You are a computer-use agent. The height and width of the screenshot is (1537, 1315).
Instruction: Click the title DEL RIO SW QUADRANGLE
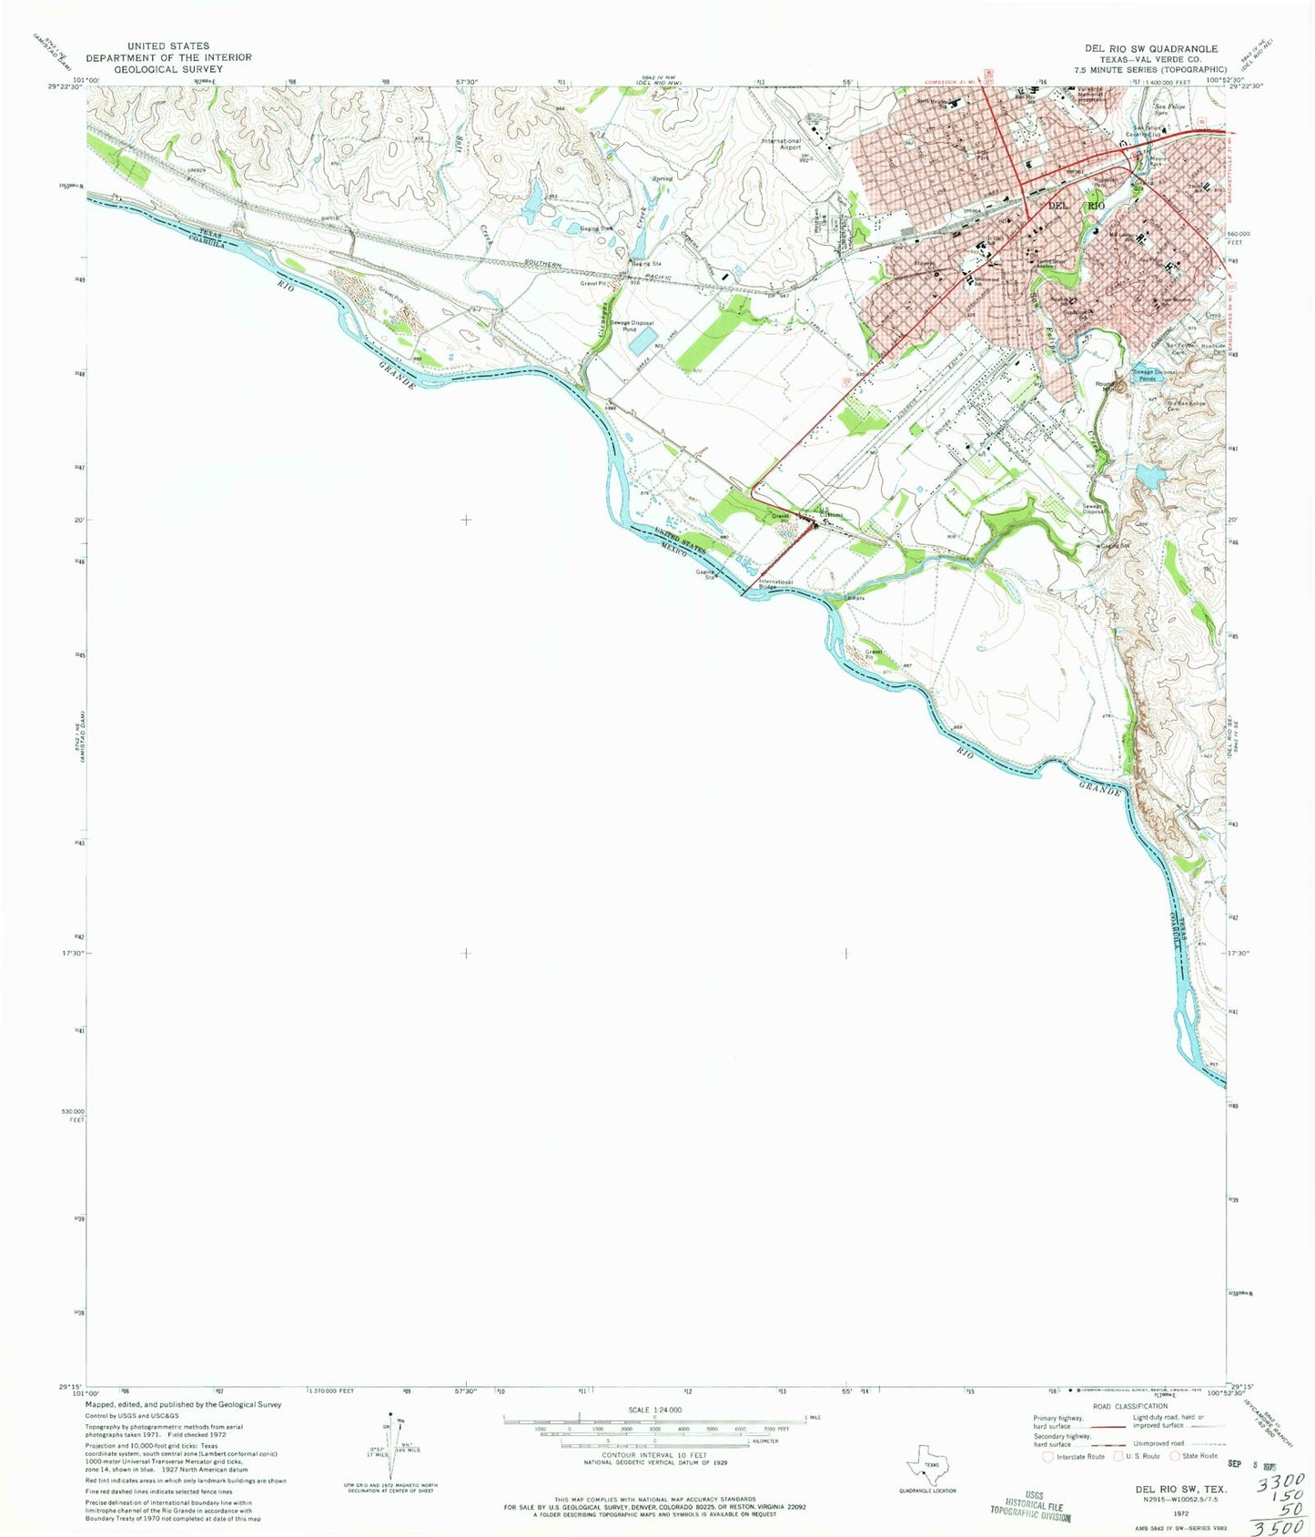click(1150, 48)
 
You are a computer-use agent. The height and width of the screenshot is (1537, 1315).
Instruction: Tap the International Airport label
click(782, 144)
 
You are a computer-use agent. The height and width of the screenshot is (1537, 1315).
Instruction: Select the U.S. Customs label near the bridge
click(828, 512)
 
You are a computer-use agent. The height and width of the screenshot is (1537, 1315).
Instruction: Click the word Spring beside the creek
click(662, 179)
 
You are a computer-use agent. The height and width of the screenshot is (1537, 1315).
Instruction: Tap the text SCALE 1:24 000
click(654, 1410)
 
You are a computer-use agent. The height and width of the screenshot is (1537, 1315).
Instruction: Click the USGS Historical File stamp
click(1030, 1505)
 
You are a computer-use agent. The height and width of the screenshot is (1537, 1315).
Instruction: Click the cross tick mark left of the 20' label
click(466, 520)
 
